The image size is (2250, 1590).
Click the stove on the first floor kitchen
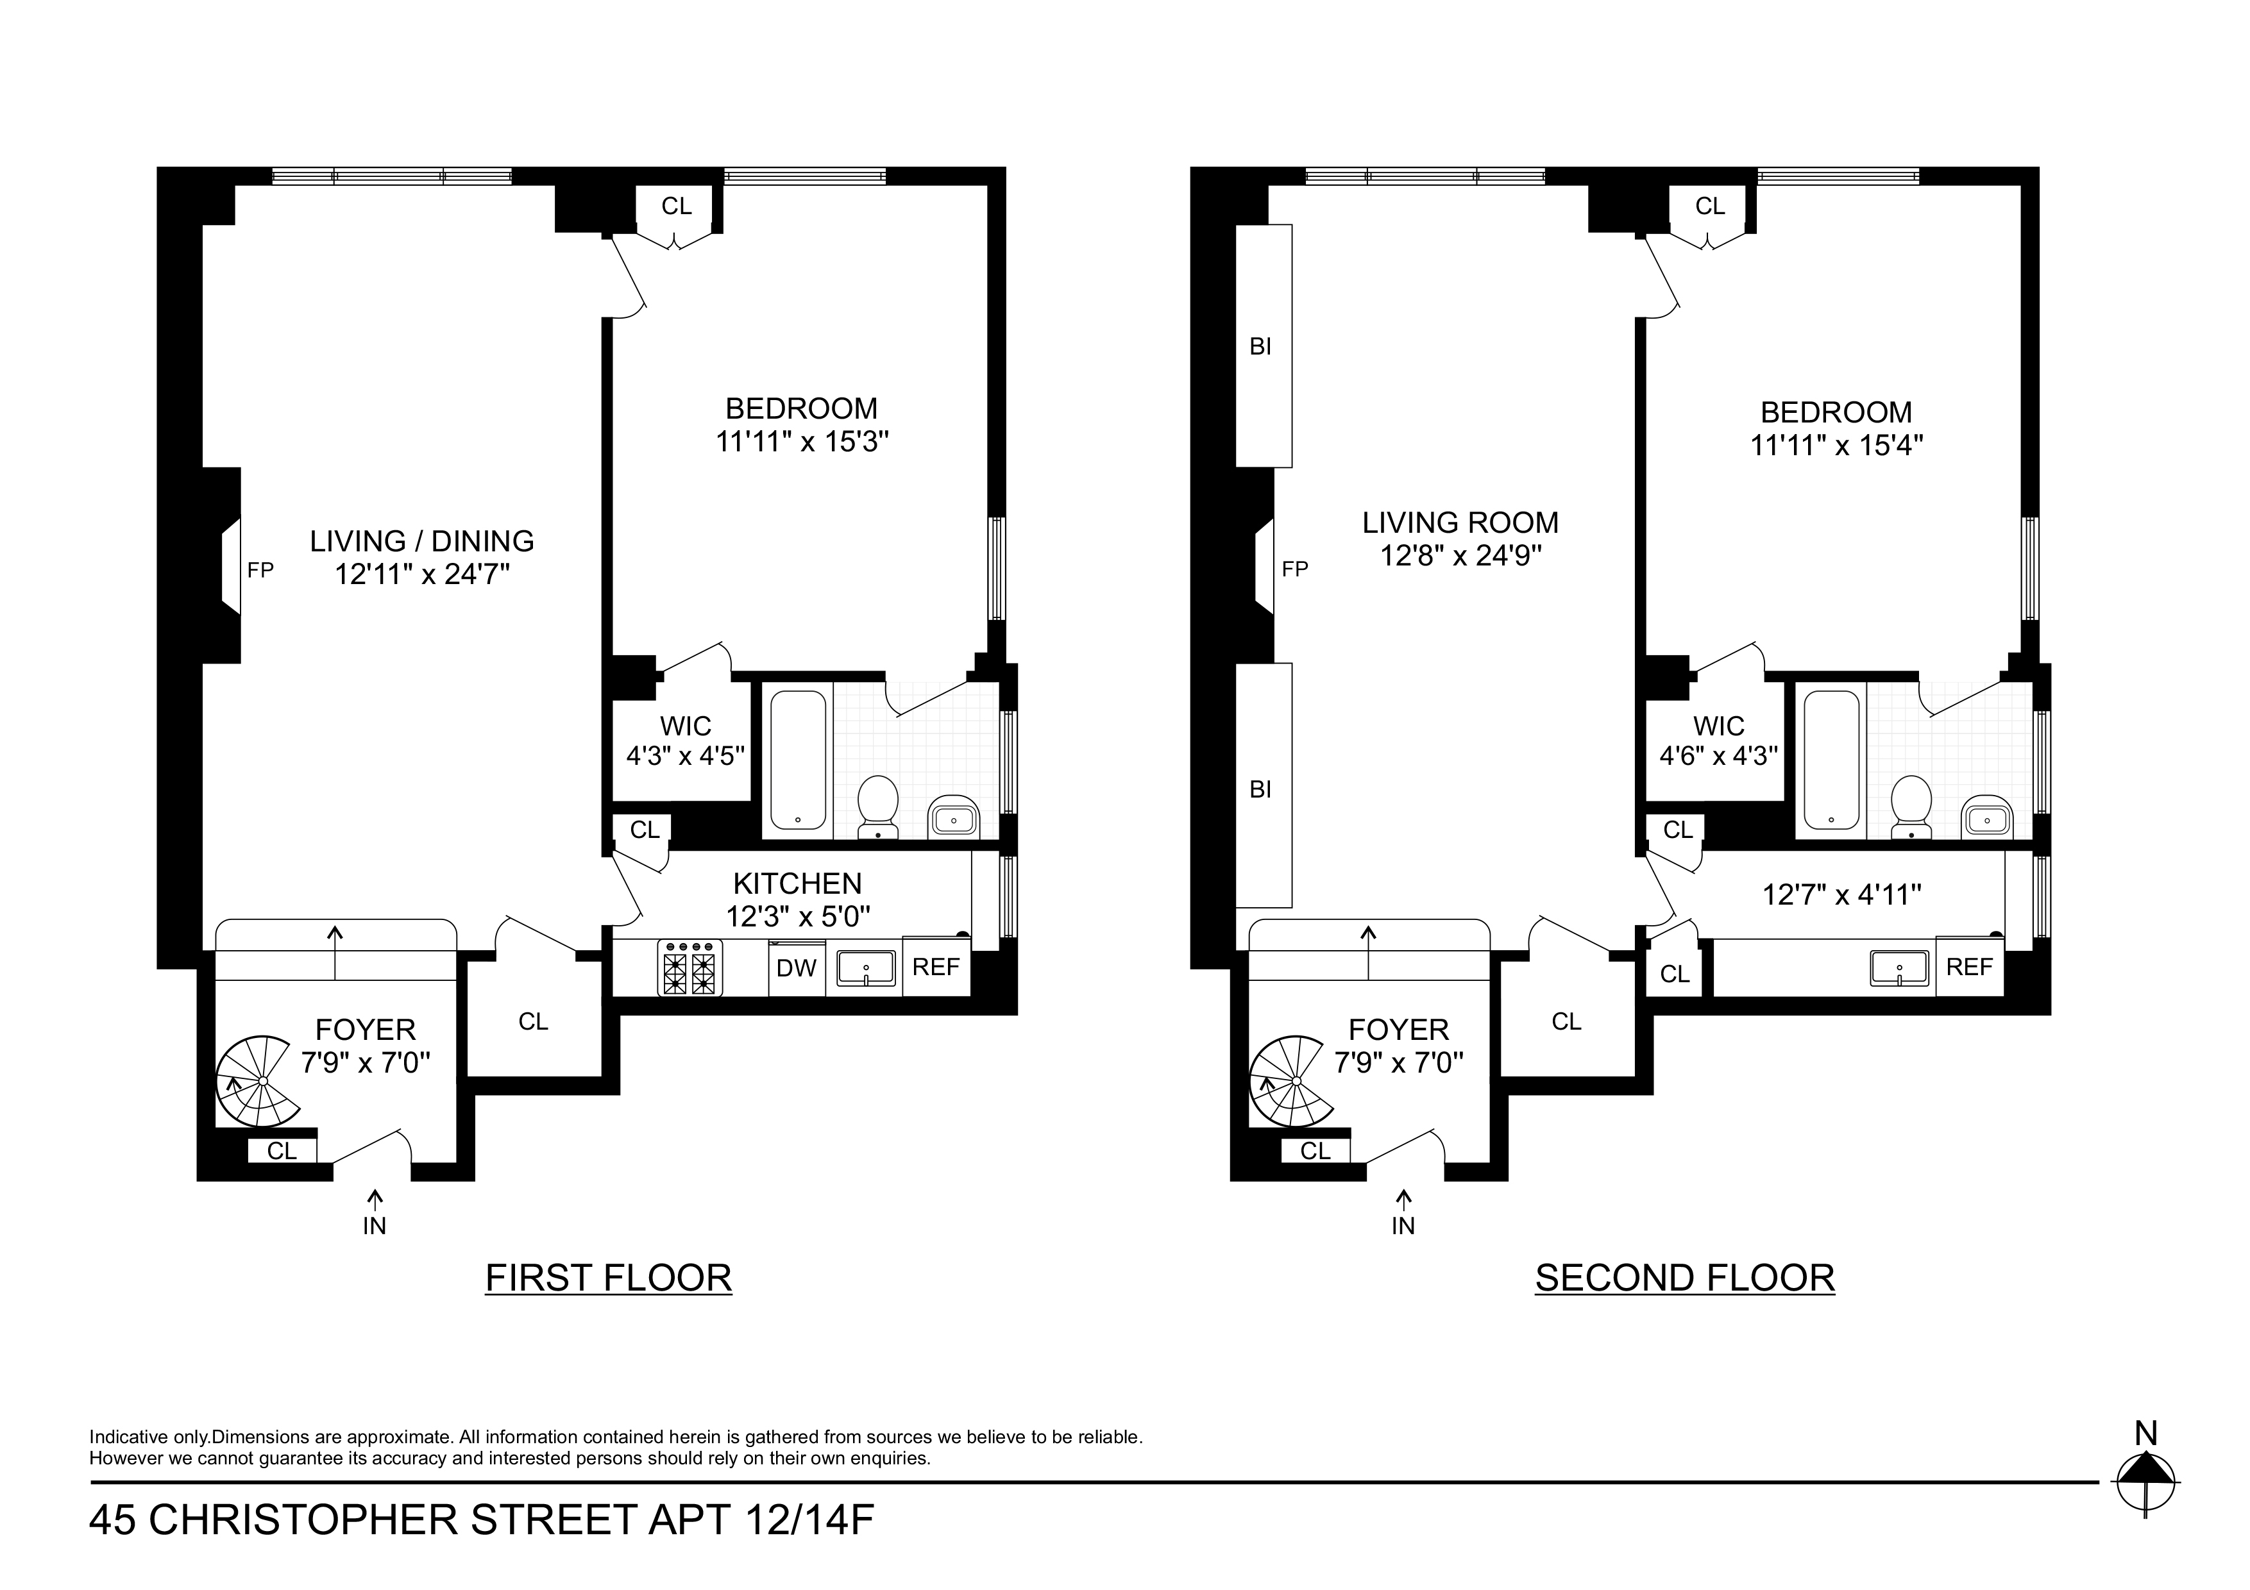tap(690, 968)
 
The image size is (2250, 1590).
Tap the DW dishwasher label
tap(796, 969)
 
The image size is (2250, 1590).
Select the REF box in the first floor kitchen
tap(935, 967)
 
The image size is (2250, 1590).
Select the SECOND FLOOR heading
tap(1684, 1278)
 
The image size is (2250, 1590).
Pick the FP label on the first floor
tap(260, 570)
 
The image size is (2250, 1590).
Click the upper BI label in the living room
tap(1260, 346)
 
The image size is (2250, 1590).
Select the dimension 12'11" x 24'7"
tap(423, 574)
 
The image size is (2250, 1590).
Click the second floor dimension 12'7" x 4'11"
tap(1841, 894)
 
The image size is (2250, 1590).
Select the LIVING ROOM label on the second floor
tap(1460, 522)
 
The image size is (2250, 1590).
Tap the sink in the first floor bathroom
tap(952, 817)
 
